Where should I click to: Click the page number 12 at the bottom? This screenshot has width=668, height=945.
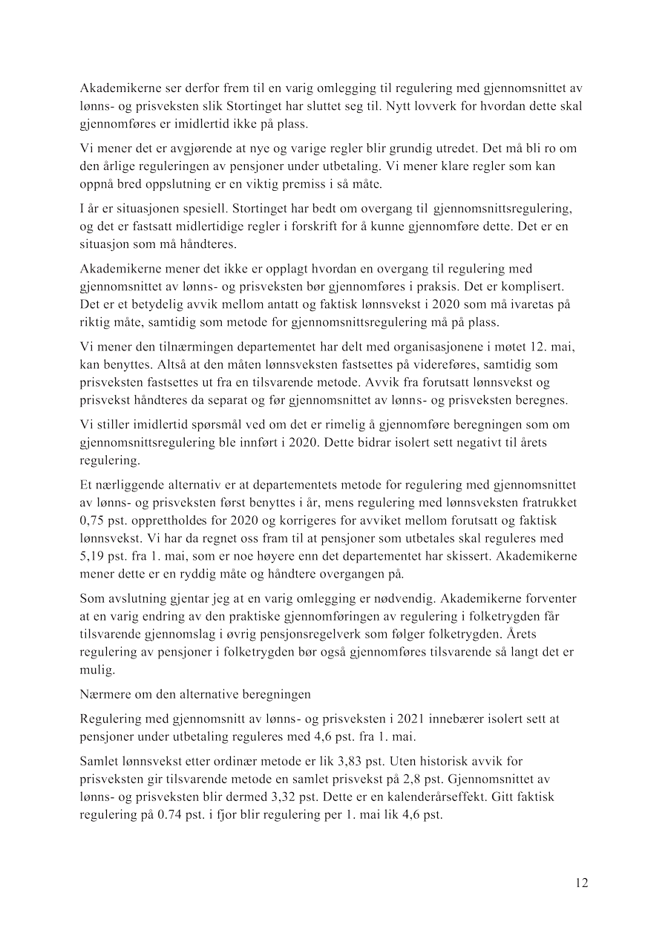click(x=581, y=883)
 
